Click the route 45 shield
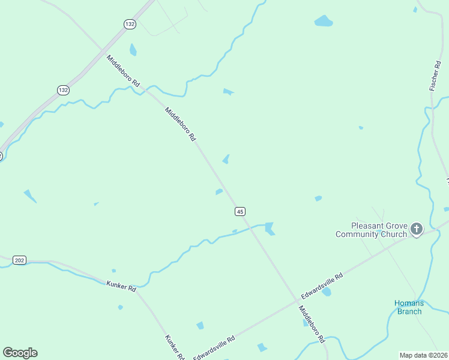click(x=240, y=211)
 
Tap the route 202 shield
click(x=19, y=260)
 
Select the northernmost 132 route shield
click(x=130, y=24)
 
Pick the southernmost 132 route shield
click(x=63, y=89)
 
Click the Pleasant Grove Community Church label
click(x=371, y=230)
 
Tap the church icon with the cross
click(x=417, y=229)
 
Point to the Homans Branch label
click(x=409, y=307)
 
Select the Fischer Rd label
click(x=436, y=76)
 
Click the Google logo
click(x=20, y=353)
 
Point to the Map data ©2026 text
click(x=424, y=355)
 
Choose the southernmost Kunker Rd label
click(x=174, y=347)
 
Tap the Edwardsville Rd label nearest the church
click(x=322, y=286)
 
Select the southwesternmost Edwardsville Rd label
click(x=214, y=347)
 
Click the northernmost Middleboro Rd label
click(x=123, y=71)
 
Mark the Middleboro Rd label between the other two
click(x=181, y=124)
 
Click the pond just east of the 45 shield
click(x=270, y=229)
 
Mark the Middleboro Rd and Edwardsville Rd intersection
click(x=296, y=299)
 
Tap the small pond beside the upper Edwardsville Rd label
click(x=327, y=292)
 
